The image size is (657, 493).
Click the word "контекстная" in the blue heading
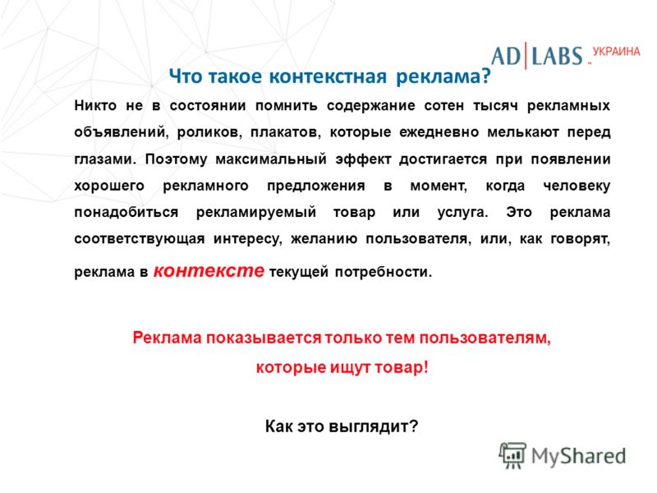(327, 76)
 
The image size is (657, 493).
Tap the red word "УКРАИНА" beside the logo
(617, 52)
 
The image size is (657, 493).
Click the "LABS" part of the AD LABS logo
(558, 56)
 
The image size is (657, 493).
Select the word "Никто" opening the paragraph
(95, 105)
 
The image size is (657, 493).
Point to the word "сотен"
(443, 106)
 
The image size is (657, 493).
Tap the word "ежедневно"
(439, 133)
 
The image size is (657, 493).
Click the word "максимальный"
(271, 159)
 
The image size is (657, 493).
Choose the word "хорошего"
(109, 187)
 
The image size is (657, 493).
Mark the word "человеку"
(577, 187)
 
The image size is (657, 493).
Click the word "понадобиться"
(126, 213)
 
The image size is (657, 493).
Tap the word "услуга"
(463, 213)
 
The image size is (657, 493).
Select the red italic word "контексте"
(209, 270)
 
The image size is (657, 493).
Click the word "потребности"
(383, 273)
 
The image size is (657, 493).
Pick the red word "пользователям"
(485, 338)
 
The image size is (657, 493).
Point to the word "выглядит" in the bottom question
(373, 426)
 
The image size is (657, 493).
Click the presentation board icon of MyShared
(512, 455)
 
